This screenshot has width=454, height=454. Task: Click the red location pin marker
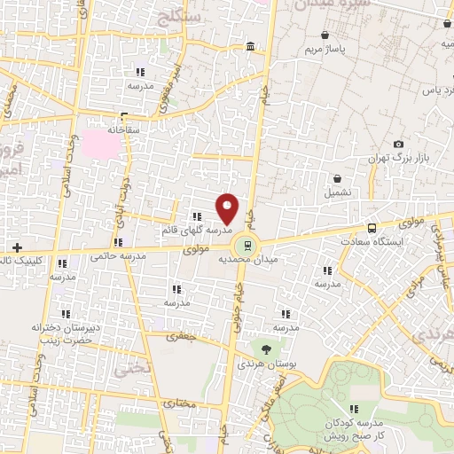pos(227,208)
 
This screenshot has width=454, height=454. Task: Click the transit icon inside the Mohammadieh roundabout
pos(247,245)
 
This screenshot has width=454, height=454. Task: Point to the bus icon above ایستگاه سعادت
pos(372,227)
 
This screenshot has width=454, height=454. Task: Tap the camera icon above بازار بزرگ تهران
pos(398,144)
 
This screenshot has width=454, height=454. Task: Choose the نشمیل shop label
pos(337,191)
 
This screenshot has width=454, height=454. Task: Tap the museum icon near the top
pos(251,46)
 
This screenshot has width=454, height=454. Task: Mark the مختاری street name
pos(183,402)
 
